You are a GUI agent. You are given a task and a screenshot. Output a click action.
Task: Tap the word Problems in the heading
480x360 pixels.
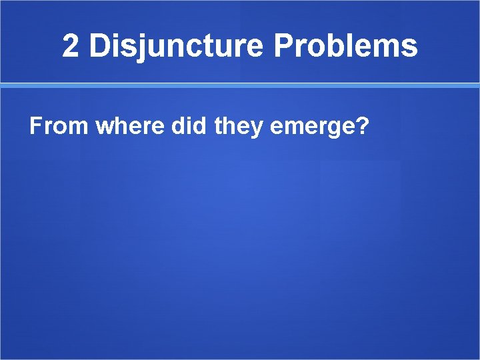pyautogui.click(x=345, y=47)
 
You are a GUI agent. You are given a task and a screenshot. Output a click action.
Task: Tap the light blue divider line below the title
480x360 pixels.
pyautogui.click(x=240, y=85)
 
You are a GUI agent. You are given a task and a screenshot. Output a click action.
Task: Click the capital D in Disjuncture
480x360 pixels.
pyautogui.click(x=99, y=47)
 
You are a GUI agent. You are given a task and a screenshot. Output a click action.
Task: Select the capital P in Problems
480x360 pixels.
pyautogui.click(x=283, y=47)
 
